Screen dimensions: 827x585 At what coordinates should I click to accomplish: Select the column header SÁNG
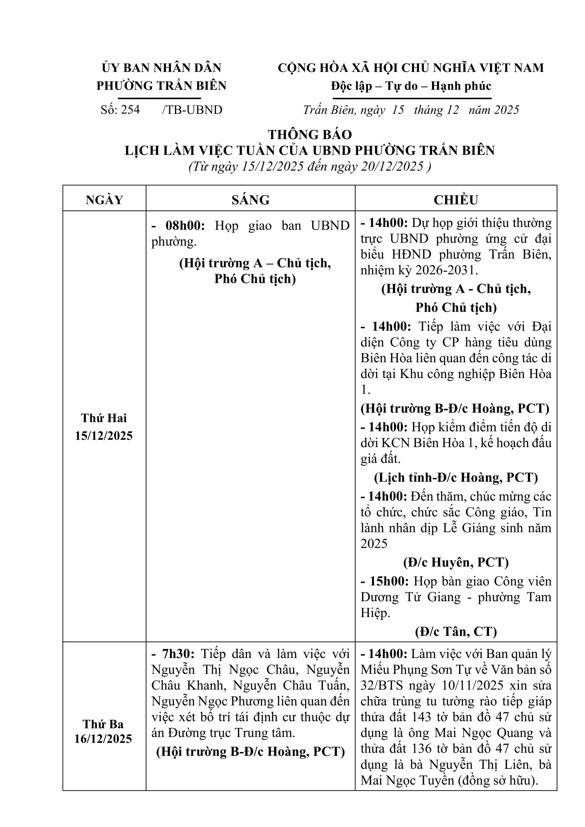(x=250, y=200)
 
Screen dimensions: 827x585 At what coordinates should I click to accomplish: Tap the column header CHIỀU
(x=456, y=200)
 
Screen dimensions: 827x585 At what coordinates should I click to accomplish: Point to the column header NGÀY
(x=104, y=200)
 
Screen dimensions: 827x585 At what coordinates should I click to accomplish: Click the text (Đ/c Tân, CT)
(x=456, y=632)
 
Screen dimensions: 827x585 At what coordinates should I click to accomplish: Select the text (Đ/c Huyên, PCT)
(x=456, y=562)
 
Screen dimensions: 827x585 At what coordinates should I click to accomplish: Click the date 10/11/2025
(x=472, y=685)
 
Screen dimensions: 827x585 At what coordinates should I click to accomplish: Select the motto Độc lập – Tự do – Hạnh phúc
(x=411, y=86)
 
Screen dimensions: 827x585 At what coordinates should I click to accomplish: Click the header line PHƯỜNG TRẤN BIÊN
(x=161, y=86)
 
